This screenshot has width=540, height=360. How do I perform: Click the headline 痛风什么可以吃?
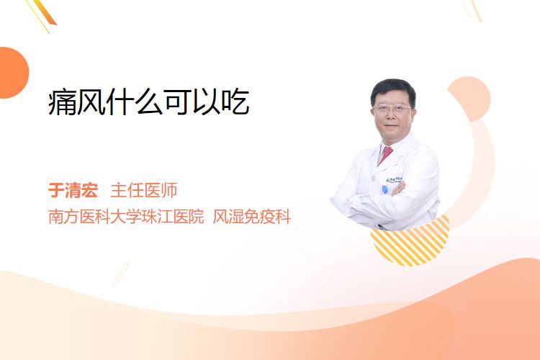(149, 102)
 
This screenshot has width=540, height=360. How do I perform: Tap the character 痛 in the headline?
(62, 102)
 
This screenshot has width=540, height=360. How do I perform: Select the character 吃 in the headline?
(235, 102)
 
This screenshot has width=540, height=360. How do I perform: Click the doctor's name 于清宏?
(73, 190)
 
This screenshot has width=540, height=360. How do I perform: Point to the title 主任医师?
(144, 190)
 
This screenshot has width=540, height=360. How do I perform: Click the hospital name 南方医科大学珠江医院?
(126, 217)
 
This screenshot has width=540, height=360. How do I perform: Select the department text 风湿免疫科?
(252, 217)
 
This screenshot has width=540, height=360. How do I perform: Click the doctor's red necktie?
(385, 155)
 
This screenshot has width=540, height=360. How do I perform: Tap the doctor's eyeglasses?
(392, 108)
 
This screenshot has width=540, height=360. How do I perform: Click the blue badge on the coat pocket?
(384, 189)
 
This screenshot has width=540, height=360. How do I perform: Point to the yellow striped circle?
(410, 240)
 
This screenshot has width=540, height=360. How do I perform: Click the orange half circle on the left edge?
(13, 73)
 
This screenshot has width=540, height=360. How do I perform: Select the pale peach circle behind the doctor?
(469, 99)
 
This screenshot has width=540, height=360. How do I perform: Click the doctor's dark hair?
(393, 90)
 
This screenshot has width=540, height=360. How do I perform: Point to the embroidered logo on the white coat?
(395, 179)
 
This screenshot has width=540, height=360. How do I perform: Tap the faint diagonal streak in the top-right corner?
(472, 9)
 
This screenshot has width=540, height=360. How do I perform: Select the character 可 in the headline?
(178, 102)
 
